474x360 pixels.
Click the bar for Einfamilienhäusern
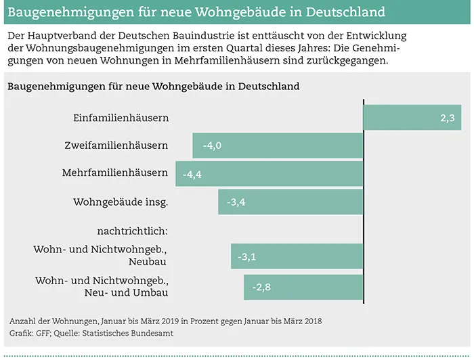point(412,117)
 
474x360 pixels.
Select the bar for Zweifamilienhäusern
point(278,145)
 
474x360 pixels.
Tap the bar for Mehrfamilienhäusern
point(270,173)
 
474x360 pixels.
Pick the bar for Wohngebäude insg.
point(290,201)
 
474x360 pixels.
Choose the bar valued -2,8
point(303,287)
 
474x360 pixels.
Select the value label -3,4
point(235,202)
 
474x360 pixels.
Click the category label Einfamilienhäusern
point(121,118)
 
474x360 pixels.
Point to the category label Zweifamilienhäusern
point(116,145)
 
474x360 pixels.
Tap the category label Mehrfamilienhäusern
point(115,173)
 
